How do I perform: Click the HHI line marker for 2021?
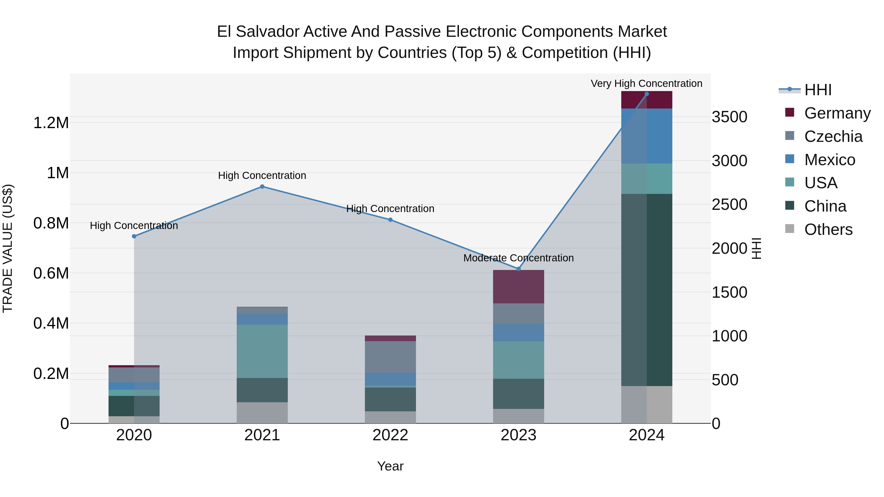tap(262, 187)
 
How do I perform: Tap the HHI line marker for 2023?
tap(519, 269)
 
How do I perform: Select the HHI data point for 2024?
tap(647, 94)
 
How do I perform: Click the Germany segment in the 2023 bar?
tap(519, 287)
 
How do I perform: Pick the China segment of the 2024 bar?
tap(647, 290)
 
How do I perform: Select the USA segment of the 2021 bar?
tap(262, 351)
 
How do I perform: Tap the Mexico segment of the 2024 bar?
tap(647, 136)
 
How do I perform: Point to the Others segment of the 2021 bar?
tap(262, 413)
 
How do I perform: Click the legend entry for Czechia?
tap(833, 136)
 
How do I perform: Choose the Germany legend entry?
tap(837, 113)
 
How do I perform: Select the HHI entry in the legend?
tap(817, 90)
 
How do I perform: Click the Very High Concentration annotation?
tap(647, 83)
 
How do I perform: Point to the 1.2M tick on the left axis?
tap(51, 123)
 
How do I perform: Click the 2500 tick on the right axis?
tap(729, 204)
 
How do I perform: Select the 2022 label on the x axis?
tap(390, 435)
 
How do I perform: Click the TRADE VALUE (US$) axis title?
tap(8, 248)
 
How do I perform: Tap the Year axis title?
tap(390, 466)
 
